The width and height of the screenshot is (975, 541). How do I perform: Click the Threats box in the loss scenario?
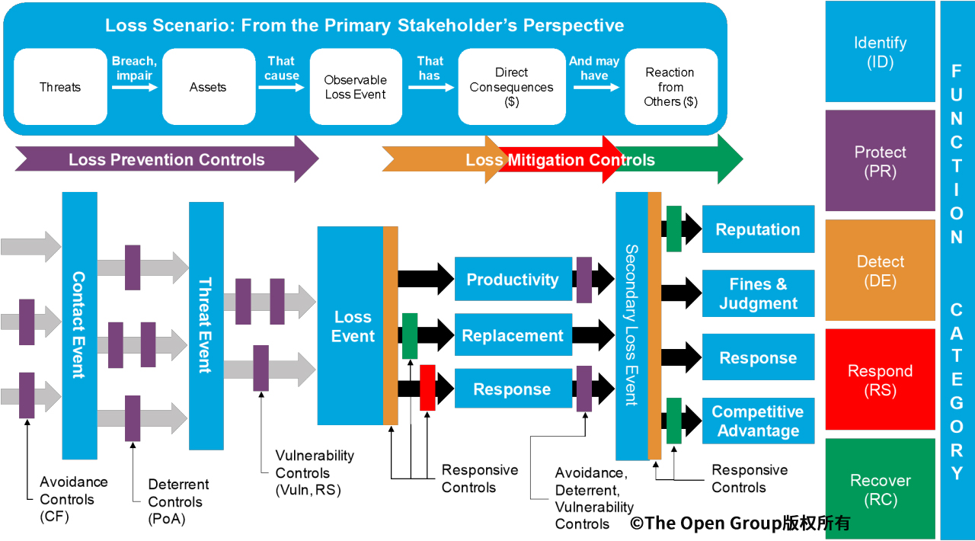[x=60, y=87]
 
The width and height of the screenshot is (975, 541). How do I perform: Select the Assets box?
[x=208, y=87]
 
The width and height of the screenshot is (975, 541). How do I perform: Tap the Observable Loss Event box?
[x=355, y=87]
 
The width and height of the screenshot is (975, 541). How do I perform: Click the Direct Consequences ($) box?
[x=511, y=87]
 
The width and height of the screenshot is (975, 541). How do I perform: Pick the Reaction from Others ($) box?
[x=670, y=87]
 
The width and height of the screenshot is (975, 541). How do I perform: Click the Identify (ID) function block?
[x=880, y=52]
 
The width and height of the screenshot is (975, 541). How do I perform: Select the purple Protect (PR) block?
[x=880, y=161]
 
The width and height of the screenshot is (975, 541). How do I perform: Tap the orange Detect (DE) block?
[x=880, y=270]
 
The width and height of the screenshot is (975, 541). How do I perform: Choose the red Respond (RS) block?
[x=880, y=380]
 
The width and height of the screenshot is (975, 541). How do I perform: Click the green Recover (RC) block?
[x=880, y=489]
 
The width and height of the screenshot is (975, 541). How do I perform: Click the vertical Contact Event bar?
[x=79, y=325]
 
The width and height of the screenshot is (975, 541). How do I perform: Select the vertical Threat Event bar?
[x=206, y=325]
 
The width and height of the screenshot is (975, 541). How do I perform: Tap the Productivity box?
[x=513, y=280]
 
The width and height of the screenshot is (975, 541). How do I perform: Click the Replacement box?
[x=513, y=335]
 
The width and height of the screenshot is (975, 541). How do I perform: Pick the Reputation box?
[x=758, y=229]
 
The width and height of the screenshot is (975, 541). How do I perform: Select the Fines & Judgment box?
[x=758, y=293]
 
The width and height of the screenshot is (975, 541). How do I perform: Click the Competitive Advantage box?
[x=758, y=421]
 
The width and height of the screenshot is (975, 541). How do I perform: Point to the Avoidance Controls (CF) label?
[x=74, y=499]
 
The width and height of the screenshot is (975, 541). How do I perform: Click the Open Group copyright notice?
[x=739, y=523]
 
